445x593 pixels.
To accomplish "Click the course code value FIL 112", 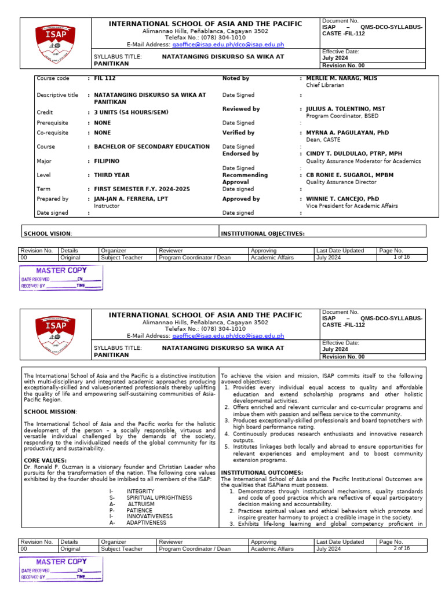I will pos(105,78).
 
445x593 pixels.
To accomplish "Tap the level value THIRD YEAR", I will pos(112,175).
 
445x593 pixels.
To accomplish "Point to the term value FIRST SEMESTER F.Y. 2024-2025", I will pos(142,189).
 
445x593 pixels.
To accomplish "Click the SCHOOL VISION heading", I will pos(48,233).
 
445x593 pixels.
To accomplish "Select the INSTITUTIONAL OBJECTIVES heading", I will pos(262,233).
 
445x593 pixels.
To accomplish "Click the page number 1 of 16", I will pos(402,257).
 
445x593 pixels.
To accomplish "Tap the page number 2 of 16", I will pos(402,548).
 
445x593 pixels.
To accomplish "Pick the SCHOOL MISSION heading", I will pos(50,412).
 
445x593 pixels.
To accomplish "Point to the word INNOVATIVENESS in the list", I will pos(149,517).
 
